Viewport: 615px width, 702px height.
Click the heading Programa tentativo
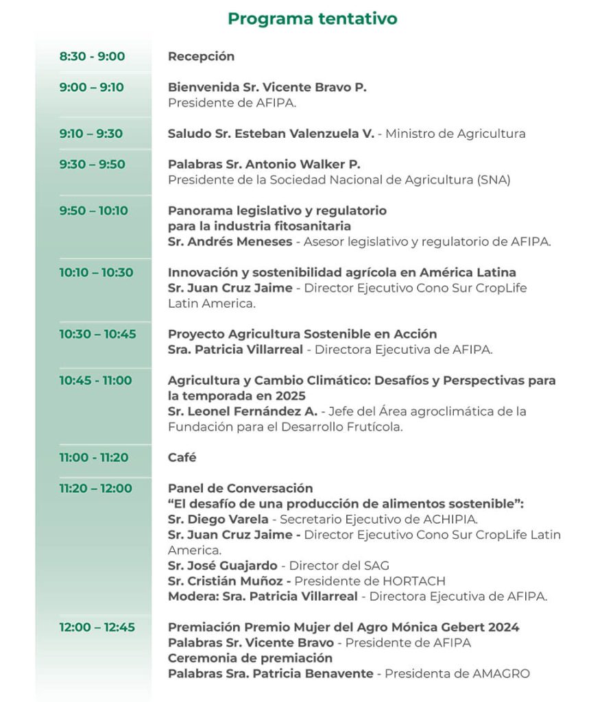[x=312, y=19]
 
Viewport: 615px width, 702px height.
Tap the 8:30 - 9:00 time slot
[x=92, y=56]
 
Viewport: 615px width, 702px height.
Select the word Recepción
[x=201, y=56]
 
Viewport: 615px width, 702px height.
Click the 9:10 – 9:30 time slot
[x=91, y=134]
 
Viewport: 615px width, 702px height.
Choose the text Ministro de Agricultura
[x=455, y=134]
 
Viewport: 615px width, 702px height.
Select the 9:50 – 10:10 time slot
[x=93, y=210]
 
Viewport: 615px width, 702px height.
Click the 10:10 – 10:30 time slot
[x=96, y=272]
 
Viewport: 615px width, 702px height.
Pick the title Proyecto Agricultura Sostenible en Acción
[x=302, y=334]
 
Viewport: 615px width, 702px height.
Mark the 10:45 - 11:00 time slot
[x=95, y=380]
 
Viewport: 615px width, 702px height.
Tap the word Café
[x=182, y=457]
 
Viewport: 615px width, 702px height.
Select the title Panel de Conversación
[x=240, y=488]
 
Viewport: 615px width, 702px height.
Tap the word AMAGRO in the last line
[x=501, y=673]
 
